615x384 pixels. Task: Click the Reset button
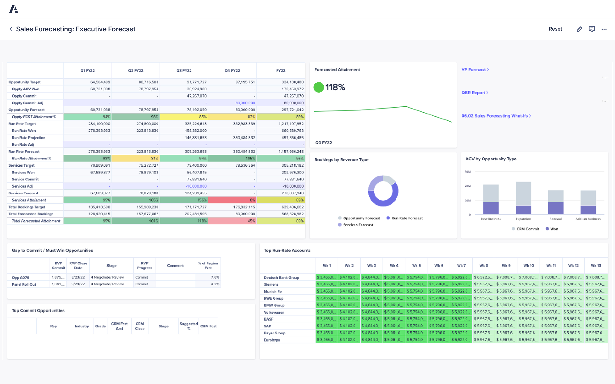(x=555, y=29)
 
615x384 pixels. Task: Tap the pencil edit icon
(x=579, y=29)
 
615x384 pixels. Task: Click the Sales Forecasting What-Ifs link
(x=496, y=116)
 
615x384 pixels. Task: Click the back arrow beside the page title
(x=11, y=29)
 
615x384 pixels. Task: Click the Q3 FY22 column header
(x=184, y=71)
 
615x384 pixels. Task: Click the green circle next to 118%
(x=318, y=87)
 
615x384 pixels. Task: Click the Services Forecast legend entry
(x=358, y=225)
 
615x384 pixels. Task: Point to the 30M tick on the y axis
(x=468, y=172)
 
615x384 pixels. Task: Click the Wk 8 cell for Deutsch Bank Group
(x=483, y=277)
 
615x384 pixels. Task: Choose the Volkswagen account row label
(x=274, y=312)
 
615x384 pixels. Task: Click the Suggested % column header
(x=188, y=326)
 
